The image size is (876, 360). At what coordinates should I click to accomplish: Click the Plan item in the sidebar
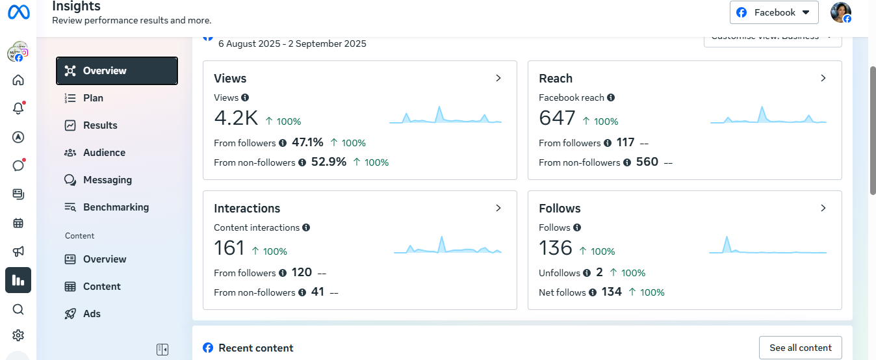93,98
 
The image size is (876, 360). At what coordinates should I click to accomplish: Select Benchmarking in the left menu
116,207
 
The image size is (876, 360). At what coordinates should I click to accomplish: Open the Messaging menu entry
107,180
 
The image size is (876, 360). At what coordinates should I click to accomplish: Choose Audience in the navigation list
104,153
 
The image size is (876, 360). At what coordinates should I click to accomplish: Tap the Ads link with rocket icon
92,314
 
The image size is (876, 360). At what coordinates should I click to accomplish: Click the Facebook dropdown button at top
773,12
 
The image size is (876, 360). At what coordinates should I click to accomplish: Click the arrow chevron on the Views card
498,78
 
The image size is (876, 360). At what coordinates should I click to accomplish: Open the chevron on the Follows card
823,208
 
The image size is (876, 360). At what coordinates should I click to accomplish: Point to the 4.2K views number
236,118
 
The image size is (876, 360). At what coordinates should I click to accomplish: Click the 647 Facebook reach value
557,118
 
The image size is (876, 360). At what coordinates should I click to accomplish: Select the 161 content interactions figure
229,248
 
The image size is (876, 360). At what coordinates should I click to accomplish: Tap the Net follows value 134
612,292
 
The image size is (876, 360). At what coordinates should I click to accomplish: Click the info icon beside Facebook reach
611,97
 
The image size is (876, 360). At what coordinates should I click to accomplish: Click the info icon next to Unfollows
587,273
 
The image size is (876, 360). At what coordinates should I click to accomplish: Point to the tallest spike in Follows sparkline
727,239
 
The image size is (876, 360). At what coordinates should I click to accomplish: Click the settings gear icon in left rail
18,335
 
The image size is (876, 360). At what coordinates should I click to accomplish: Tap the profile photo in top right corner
841,12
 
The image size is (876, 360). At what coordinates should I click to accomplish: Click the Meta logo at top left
18,12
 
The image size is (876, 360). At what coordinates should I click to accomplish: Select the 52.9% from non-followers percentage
329,162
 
